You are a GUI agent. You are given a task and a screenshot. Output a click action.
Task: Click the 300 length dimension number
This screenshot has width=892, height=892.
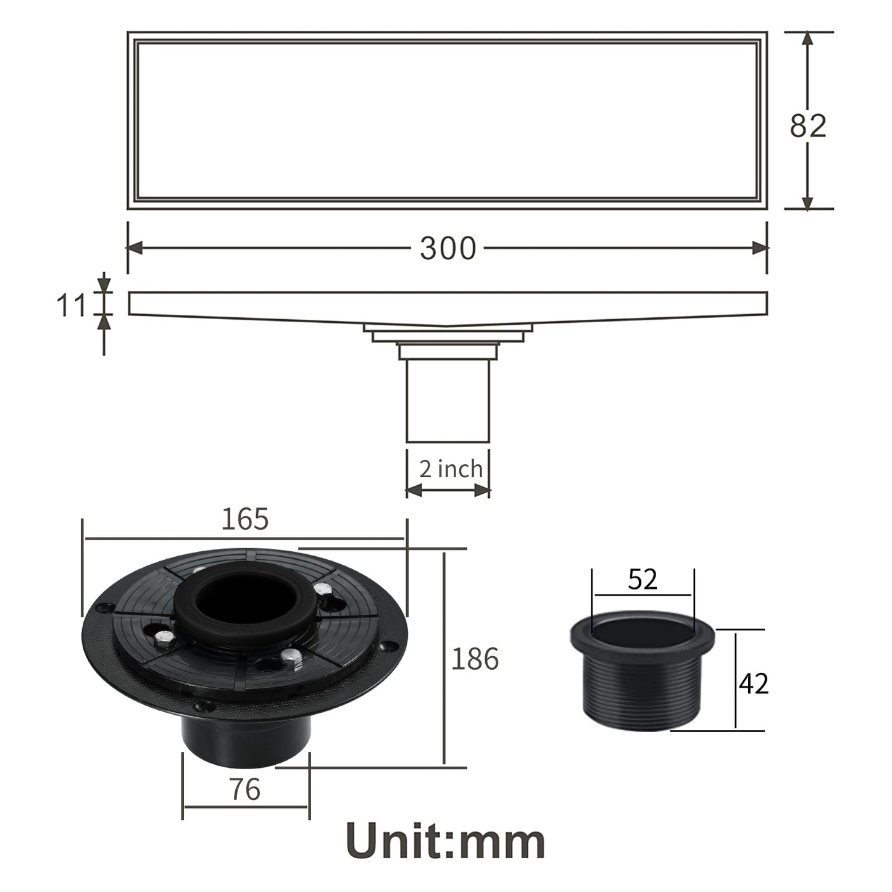448,248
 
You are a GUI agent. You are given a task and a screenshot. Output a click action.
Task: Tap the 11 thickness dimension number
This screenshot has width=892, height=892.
71,305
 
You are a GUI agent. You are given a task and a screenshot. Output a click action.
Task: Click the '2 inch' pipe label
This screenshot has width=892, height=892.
451,469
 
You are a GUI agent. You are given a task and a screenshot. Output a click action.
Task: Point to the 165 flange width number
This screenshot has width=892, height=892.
245,519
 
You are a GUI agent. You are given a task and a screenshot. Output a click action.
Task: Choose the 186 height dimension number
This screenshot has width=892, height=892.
475,659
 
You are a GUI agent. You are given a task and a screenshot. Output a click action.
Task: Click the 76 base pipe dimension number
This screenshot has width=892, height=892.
245,790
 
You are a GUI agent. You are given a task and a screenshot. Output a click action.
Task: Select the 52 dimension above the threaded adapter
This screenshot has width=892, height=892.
643,579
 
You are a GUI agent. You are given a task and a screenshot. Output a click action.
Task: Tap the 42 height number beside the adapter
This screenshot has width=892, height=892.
754,683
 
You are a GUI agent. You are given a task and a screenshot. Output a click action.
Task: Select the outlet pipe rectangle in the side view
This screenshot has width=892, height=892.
448,401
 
